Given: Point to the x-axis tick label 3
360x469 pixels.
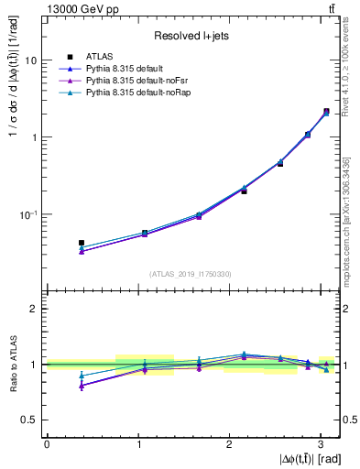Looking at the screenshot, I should (322, 443).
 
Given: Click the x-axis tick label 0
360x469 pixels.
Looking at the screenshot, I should (47, 443).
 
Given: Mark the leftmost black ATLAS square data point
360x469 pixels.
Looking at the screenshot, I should (82, 243).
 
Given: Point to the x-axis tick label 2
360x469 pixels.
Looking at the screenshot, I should (230, 443).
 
